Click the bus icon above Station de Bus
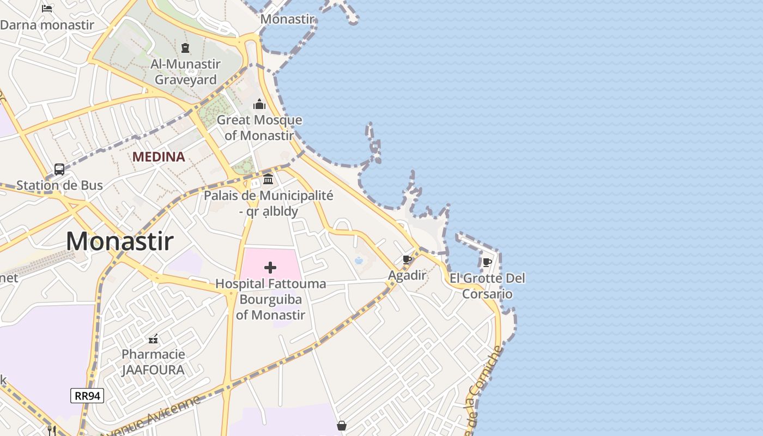(59, 169)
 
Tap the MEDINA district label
(159, 157)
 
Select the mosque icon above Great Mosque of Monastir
(259, 104)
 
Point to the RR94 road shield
(87, 396)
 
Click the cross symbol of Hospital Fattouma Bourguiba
(270, 267)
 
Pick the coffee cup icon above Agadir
(407, 259)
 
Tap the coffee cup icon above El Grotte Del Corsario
(487, 263)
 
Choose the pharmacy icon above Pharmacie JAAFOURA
(153, 339)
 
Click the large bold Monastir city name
(120, 241)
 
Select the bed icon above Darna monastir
(47, 8)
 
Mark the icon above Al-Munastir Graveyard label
(185, 48)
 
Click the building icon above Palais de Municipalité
(268, 179)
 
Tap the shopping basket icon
(342, 425)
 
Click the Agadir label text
(407, 275)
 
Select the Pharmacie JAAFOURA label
(153, 362)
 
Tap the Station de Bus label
(59, 185)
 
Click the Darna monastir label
(47, 25)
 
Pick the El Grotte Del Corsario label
(487, 286)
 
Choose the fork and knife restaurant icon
(52, 431)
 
